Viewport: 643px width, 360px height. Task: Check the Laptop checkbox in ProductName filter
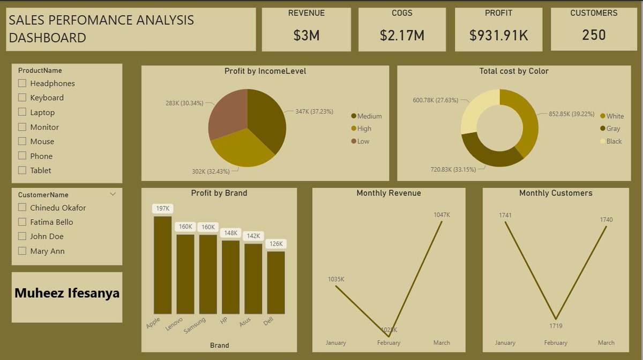pos(22,112)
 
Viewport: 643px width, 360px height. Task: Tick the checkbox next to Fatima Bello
pos(22,222)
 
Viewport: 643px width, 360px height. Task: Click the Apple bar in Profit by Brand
pos(162,265)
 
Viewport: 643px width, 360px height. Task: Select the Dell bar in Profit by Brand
pos(276,282)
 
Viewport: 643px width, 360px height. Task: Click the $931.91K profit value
pos(498,35)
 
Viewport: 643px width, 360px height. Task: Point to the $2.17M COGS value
pos(402,35)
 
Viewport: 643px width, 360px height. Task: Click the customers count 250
pos(594,35)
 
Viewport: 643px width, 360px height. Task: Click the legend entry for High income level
pos(364,129)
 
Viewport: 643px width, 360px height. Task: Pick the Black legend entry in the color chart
pos(614,141)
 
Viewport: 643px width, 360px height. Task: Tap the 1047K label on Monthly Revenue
pos(442,215)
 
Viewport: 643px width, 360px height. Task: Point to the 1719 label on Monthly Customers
pos(556,326)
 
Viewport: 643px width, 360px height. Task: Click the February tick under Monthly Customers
pos(556,343)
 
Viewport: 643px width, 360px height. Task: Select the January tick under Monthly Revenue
pos(336,343)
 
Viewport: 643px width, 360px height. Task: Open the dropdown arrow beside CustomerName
pos(113,194)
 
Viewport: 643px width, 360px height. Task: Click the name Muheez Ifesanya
pos(67,294)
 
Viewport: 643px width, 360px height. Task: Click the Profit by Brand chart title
pos(219,193)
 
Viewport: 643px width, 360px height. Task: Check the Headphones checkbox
pos(22,83)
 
